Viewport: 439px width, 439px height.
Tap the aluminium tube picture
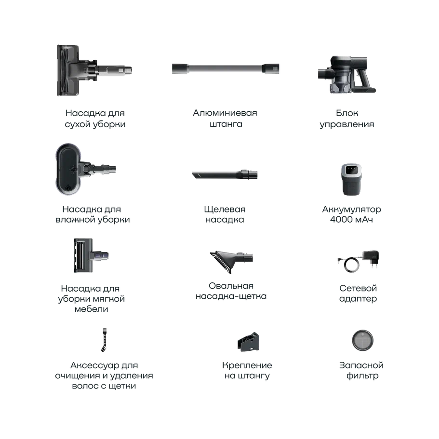click(x=226, y=68)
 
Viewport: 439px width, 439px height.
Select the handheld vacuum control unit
click(x=346, y=75)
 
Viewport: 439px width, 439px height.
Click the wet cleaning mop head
click(x=81, y=169)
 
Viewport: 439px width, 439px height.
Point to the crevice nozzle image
click(x=225, y=174)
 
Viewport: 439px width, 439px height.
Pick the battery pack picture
click(x=351, y=179)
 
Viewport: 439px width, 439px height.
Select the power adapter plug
click(x=371, y=258)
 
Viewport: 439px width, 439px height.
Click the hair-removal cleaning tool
click(x=104, y=340)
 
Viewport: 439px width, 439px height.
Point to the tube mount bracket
click(x=248, y=342)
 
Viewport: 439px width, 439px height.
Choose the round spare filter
click(x=362, y=340)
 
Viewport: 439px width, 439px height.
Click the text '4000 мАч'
click(x=351, y=220)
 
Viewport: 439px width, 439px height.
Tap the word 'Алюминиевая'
click(x=225, y=113)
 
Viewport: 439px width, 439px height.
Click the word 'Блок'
click(x=347, y=113)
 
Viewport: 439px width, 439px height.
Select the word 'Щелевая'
click(x=225, y=210)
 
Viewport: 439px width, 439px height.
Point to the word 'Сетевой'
click(x=358, y=288)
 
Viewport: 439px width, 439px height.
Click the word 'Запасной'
click(x=361, y=365)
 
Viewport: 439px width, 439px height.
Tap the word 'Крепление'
click(x=247, y=366)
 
